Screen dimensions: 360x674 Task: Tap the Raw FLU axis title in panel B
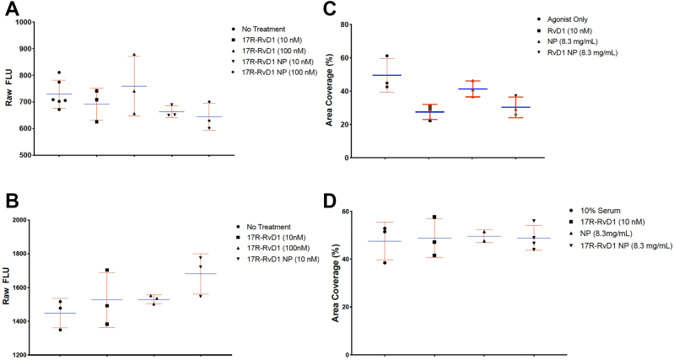[10, 287]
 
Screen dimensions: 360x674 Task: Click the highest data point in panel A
[133, 55]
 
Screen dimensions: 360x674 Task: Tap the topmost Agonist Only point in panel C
[387, 56]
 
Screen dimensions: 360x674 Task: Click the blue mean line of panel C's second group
[429, 112]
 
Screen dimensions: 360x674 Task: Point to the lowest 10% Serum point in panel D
[385, 263]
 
